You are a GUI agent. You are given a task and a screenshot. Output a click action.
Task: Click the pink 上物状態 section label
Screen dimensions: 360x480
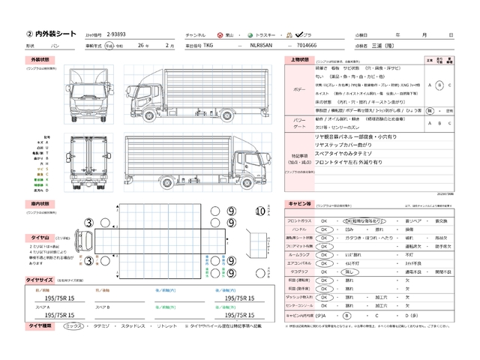coord(298,59)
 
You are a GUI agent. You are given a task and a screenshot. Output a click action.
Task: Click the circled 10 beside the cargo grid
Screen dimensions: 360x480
coord(260,211)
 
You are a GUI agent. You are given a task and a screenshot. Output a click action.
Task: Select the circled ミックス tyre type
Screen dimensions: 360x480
coord(73,326)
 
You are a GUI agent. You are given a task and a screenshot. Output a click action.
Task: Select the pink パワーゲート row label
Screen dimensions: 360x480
coord(298,122)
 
